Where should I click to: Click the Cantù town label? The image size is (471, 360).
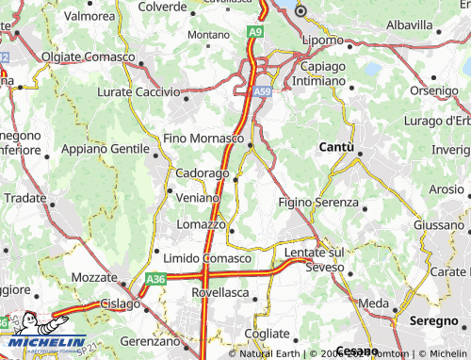336,147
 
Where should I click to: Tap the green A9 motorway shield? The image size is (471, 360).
255,32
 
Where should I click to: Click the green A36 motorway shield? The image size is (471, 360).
155,279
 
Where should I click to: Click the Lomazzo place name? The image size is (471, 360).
201,224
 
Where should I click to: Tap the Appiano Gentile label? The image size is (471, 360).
105,149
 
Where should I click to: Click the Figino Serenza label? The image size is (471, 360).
318,203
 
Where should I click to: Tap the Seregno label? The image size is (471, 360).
433,320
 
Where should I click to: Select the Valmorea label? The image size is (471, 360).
89,16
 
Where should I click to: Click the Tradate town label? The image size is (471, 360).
24,198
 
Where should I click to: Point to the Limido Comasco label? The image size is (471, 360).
207,258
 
